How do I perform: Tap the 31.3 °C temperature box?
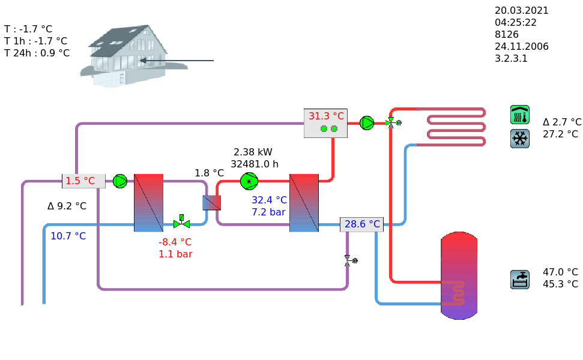pos(325,122)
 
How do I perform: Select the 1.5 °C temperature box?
pos(83,181)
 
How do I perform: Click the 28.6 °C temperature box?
pos(361,224)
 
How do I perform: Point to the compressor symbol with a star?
pos(249,181)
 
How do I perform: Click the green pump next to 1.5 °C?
pos(120,181)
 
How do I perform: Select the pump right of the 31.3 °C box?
pos(366,123)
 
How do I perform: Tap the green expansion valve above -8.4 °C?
pos(181,222)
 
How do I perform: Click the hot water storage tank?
pos(459,275)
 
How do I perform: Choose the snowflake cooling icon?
pos(519,139)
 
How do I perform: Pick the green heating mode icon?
pos(519,115)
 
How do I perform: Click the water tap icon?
pos(519,279)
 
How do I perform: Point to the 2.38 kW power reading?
pos(253,152)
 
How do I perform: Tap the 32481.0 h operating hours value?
pos(255,164)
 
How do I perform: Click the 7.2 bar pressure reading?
pos(268,212)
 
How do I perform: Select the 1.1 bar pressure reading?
pos(175,254)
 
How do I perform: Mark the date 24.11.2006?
pos(521,46)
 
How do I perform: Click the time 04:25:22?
pos(515,22)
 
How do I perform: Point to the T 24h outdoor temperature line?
pos(37,53)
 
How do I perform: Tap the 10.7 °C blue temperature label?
pos(68,236)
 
